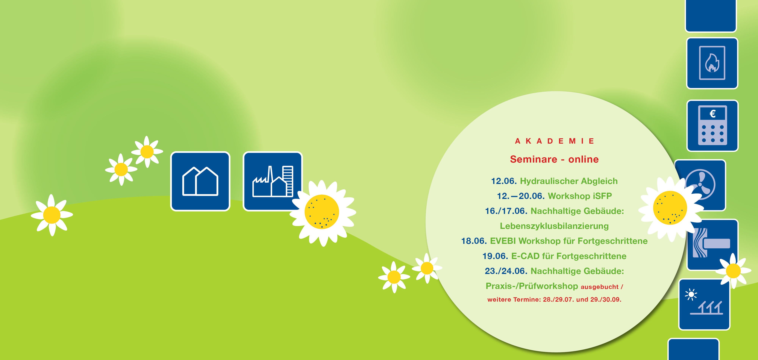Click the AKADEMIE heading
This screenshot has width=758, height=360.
554,141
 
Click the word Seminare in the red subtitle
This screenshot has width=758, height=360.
533,159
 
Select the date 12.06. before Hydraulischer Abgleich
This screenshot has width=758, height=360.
504,181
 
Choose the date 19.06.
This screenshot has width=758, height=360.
495,256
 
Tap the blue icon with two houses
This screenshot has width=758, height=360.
200,181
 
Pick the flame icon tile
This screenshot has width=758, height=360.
712,63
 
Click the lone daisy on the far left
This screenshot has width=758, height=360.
52,215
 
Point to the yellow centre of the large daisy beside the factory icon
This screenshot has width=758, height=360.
322,212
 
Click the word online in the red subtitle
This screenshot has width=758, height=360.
583,159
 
